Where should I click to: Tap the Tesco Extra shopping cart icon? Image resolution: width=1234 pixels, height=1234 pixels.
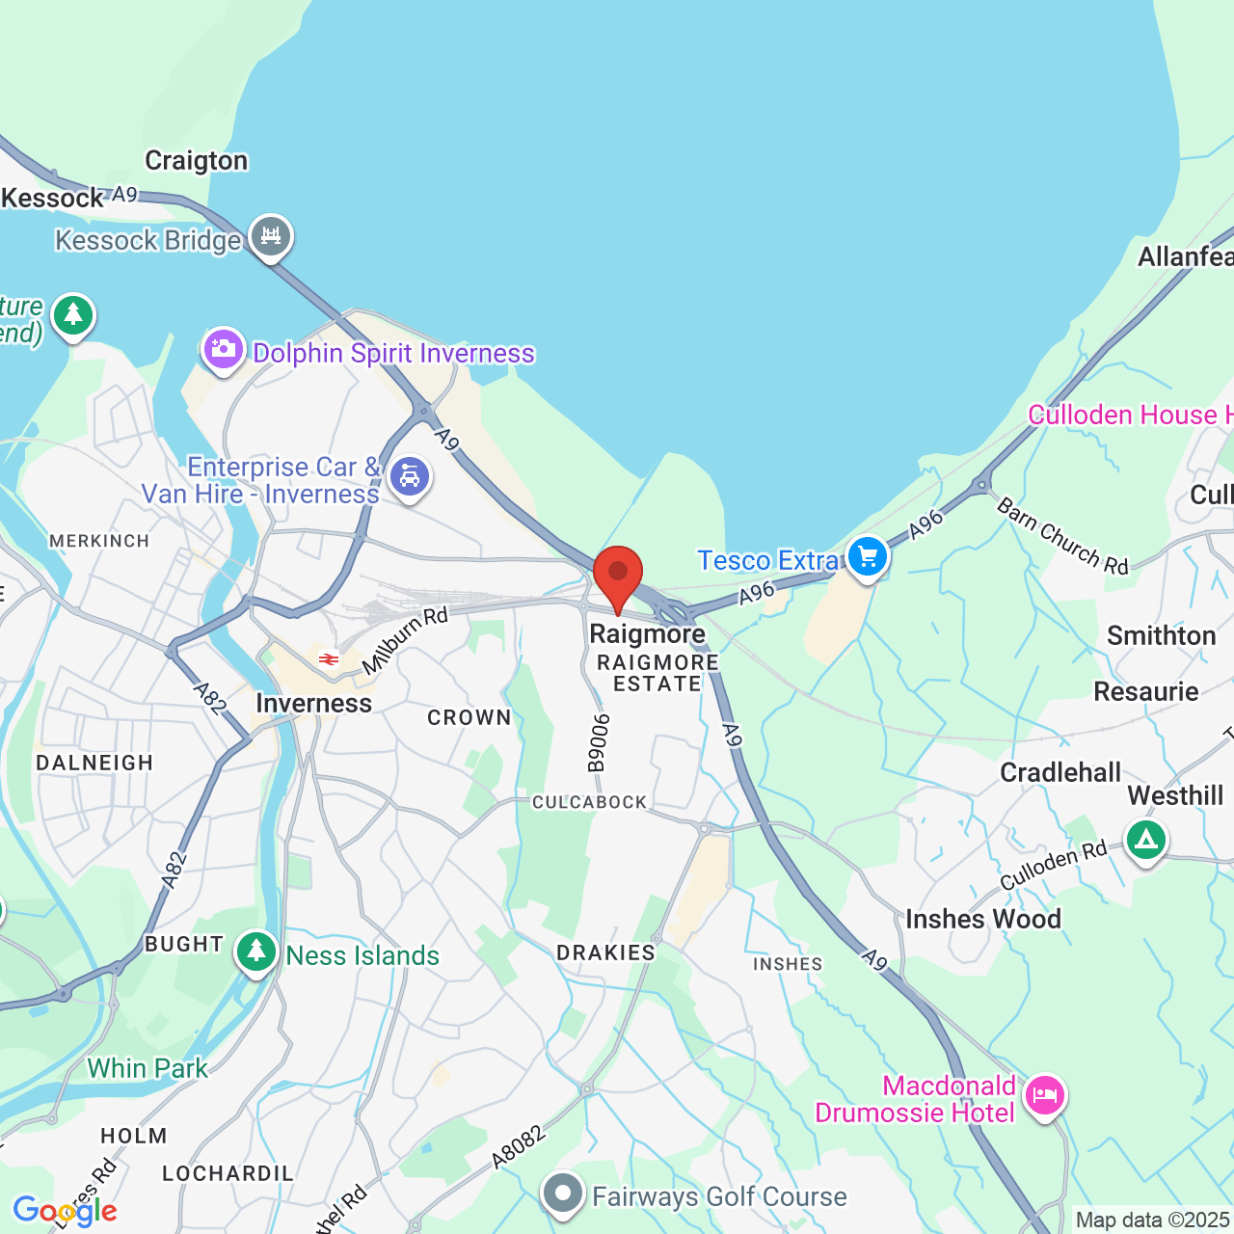point(868,557)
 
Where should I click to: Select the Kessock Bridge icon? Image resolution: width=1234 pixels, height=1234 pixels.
point(271,236)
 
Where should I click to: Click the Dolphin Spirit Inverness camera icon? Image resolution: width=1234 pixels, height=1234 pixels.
point(223,348)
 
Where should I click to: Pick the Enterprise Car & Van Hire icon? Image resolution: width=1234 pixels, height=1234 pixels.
point(410,476)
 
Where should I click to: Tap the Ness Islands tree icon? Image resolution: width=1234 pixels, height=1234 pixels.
point(255,952)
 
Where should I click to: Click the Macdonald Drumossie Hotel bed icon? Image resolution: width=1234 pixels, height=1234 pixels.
point(1045,1095)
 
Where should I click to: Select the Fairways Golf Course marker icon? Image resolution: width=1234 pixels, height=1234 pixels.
point(563,1194)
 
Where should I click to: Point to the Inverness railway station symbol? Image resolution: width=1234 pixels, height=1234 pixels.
point(329,659)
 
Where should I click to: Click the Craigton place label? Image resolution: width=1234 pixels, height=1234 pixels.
point(197,160)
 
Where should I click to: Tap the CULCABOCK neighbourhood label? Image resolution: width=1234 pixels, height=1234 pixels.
point(590,802)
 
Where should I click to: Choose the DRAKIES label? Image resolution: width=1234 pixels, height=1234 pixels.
point(605,952)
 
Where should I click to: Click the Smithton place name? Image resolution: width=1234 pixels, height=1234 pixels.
point(1161,635)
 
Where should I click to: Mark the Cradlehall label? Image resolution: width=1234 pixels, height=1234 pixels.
point(1060,772)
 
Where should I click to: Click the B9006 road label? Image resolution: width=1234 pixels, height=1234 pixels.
point(600,742)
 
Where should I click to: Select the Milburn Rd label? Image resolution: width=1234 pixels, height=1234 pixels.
point(405,640)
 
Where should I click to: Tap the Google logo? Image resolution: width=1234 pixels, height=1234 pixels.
point(65,1211)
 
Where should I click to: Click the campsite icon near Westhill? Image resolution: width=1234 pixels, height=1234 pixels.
point(1145,841)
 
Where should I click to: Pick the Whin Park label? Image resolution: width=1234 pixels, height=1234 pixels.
point(148,1068)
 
